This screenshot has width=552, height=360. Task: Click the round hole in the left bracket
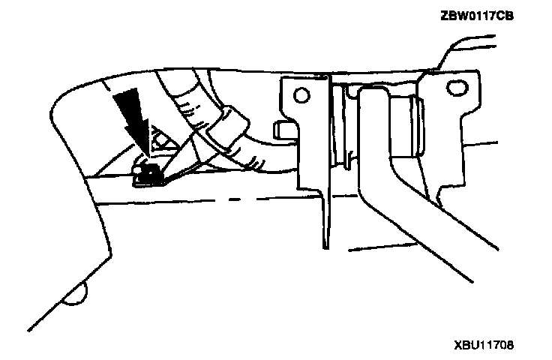[301, 97]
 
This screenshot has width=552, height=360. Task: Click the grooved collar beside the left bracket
[343, 127]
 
